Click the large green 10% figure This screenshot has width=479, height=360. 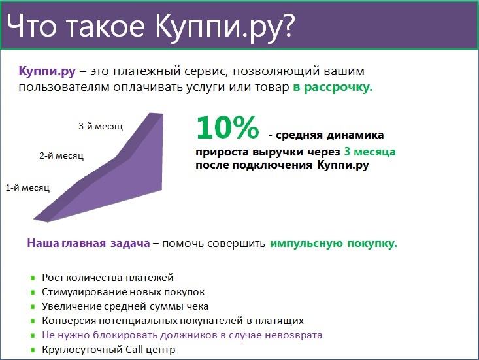228,127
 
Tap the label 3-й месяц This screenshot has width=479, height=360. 101,126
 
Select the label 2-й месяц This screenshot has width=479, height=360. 61,155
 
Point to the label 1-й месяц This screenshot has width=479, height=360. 27,188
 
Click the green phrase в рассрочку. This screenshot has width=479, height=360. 333,88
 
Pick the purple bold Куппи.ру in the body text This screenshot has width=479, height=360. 47,71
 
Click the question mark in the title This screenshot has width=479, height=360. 287,25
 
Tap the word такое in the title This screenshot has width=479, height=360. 105,27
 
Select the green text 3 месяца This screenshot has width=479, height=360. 370,152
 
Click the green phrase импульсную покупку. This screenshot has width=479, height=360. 333,244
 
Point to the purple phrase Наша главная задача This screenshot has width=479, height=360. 89,243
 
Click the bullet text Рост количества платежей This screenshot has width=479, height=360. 108,278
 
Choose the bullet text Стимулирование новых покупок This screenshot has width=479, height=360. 123,292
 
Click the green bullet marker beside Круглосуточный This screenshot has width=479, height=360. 33,350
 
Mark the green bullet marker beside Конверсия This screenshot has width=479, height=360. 33,321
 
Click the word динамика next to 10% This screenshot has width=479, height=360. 355,135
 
